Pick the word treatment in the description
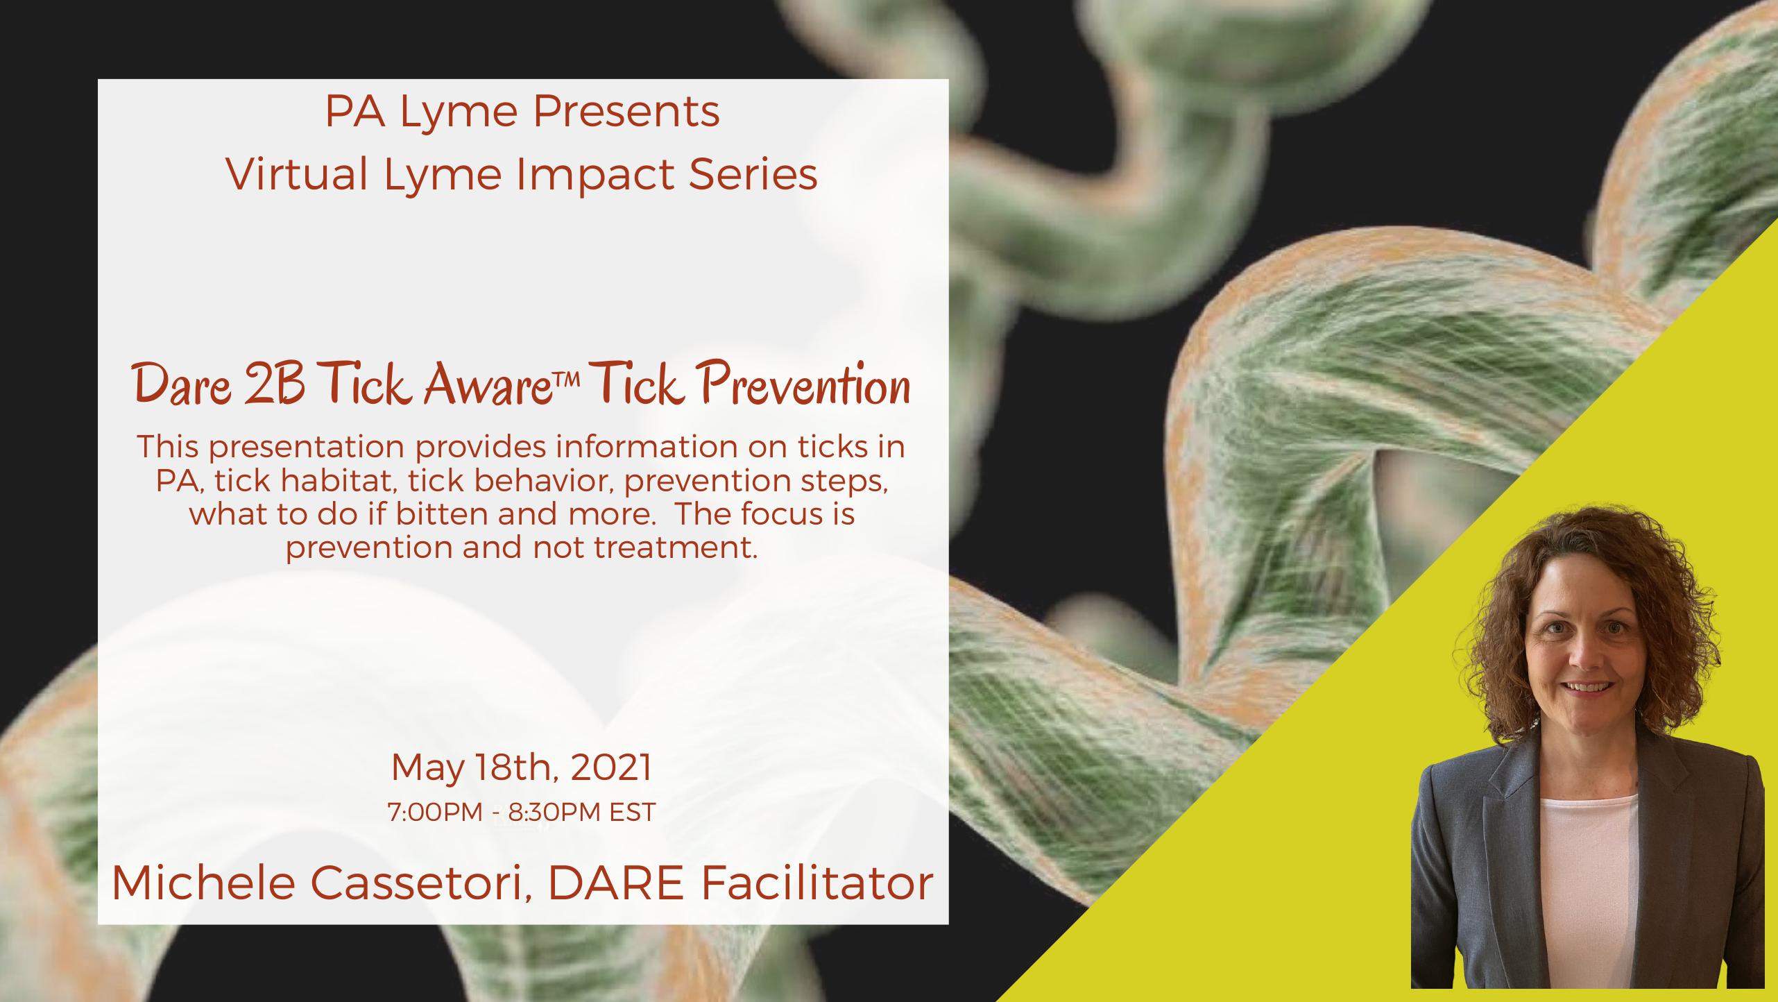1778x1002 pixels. point(674,547)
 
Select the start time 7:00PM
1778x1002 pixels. point(436,813)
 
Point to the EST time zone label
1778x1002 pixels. point(632,813)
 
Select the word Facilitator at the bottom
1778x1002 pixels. point(817,884)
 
